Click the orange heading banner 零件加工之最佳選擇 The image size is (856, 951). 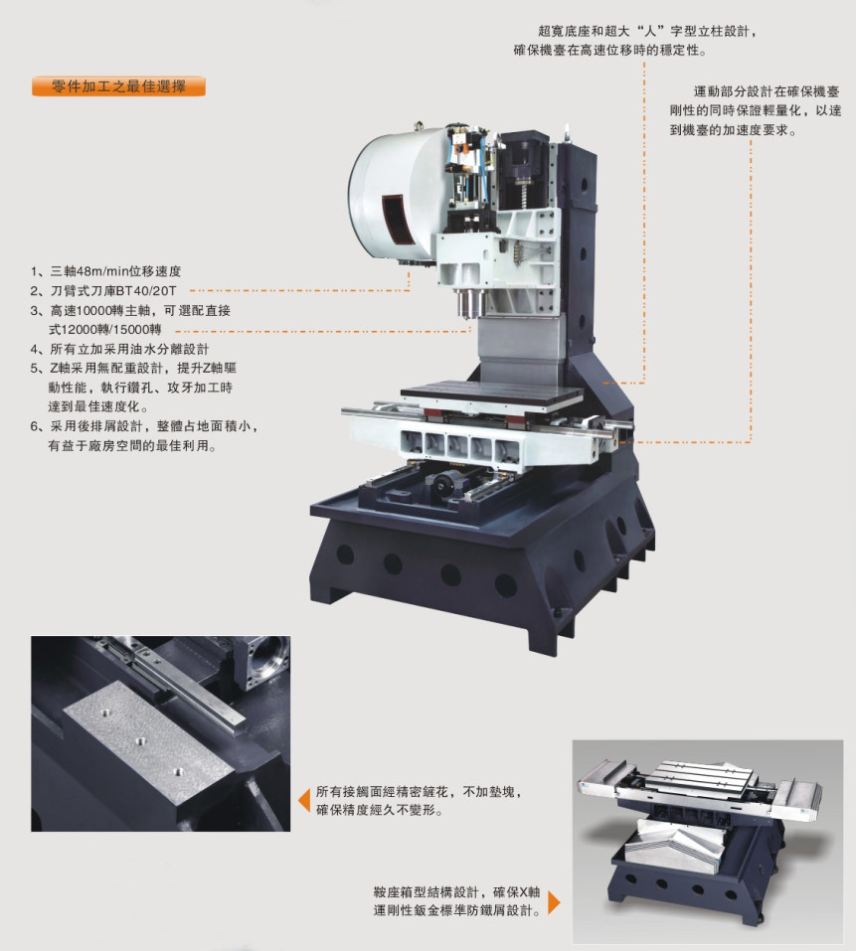pos(119,86)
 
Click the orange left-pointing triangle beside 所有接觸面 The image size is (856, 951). pos(305,801)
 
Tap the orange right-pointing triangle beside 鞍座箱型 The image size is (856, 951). pos(554,902)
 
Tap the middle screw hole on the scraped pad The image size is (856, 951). pos(141,740)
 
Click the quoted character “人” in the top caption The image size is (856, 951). pos(651,31)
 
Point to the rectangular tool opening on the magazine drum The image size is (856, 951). pos(398,219)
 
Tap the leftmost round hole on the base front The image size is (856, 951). pos(345,554)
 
